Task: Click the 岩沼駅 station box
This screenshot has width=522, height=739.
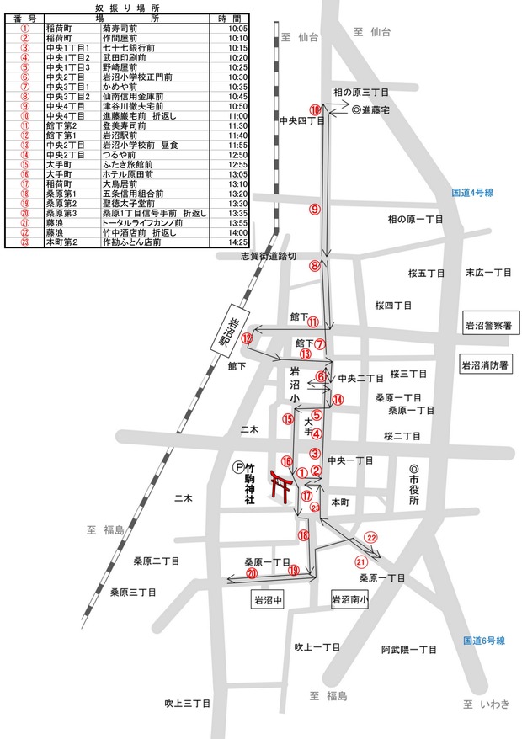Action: (x=224, y=331)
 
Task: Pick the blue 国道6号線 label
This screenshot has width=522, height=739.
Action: (x=483, y=641)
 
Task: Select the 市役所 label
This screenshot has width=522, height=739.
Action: (x=413, y=486)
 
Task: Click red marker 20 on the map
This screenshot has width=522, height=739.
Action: (x=251, y=573)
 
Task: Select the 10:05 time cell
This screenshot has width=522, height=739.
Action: (x=239, y=28)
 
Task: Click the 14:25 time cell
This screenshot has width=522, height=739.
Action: (x=239, y=242)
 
